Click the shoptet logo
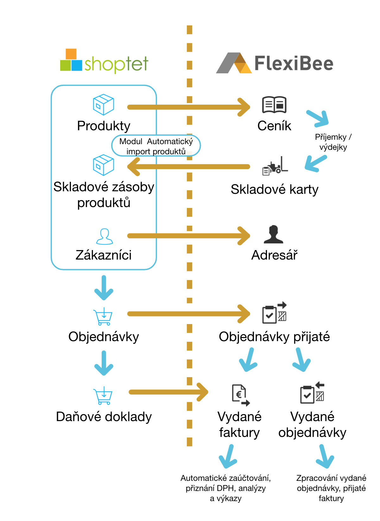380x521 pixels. point(104,62)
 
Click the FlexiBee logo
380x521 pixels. point(275,63)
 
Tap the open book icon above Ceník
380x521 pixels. point(274,105)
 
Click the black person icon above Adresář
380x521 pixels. point(274,235)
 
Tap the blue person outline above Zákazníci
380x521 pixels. point(104,236)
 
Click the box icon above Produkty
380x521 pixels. point(104,104)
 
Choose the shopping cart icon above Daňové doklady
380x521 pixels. point(103,396)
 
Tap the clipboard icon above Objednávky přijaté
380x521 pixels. point(275,313)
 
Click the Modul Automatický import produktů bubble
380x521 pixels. point(156,146)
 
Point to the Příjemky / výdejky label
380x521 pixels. point(333,142)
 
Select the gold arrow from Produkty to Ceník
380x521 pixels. point(188,107)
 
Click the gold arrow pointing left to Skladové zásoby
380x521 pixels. point(188,167)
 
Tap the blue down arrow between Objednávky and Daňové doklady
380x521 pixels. point(104,363)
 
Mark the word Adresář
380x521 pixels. point(275,255)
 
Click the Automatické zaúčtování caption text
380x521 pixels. point(226,488)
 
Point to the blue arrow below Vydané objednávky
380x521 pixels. point(325,457)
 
